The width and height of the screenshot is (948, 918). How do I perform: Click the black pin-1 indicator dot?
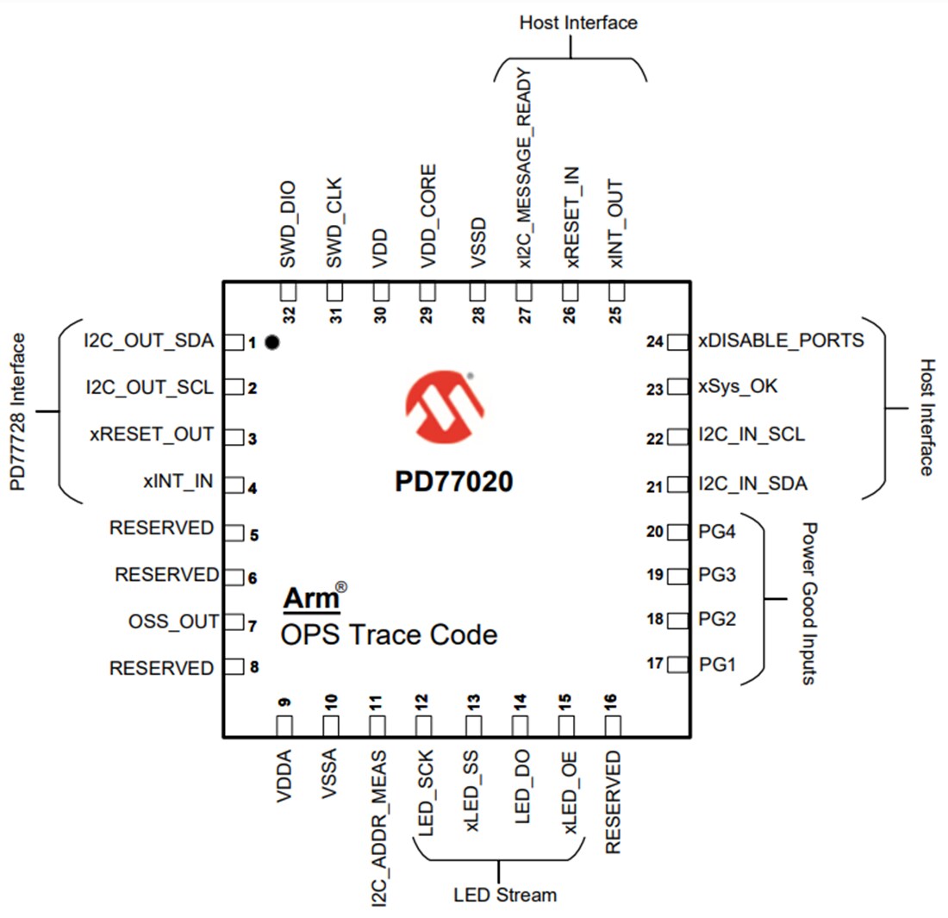tap(272, 342)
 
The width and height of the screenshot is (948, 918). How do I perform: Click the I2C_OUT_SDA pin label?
tap(148, 340)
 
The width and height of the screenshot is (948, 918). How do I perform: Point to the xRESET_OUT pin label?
tap(151, 434)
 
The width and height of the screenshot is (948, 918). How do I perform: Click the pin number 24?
tap(654, 342)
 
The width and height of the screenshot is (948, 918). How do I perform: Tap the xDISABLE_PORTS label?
tap(781, 340)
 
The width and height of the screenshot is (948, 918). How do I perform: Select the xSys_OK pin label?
tap(738, 387)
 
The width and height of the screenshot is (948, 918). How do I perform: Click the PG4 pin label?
tap(717, 531)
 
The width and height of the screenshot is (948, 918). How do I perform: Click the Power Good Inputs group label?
tap(808, 603)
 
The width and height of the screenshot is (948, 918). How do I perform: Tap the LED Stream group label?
tap(505, 894)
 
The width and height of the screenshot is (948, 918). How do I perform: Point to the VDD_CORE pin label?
tap(427, 217)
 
